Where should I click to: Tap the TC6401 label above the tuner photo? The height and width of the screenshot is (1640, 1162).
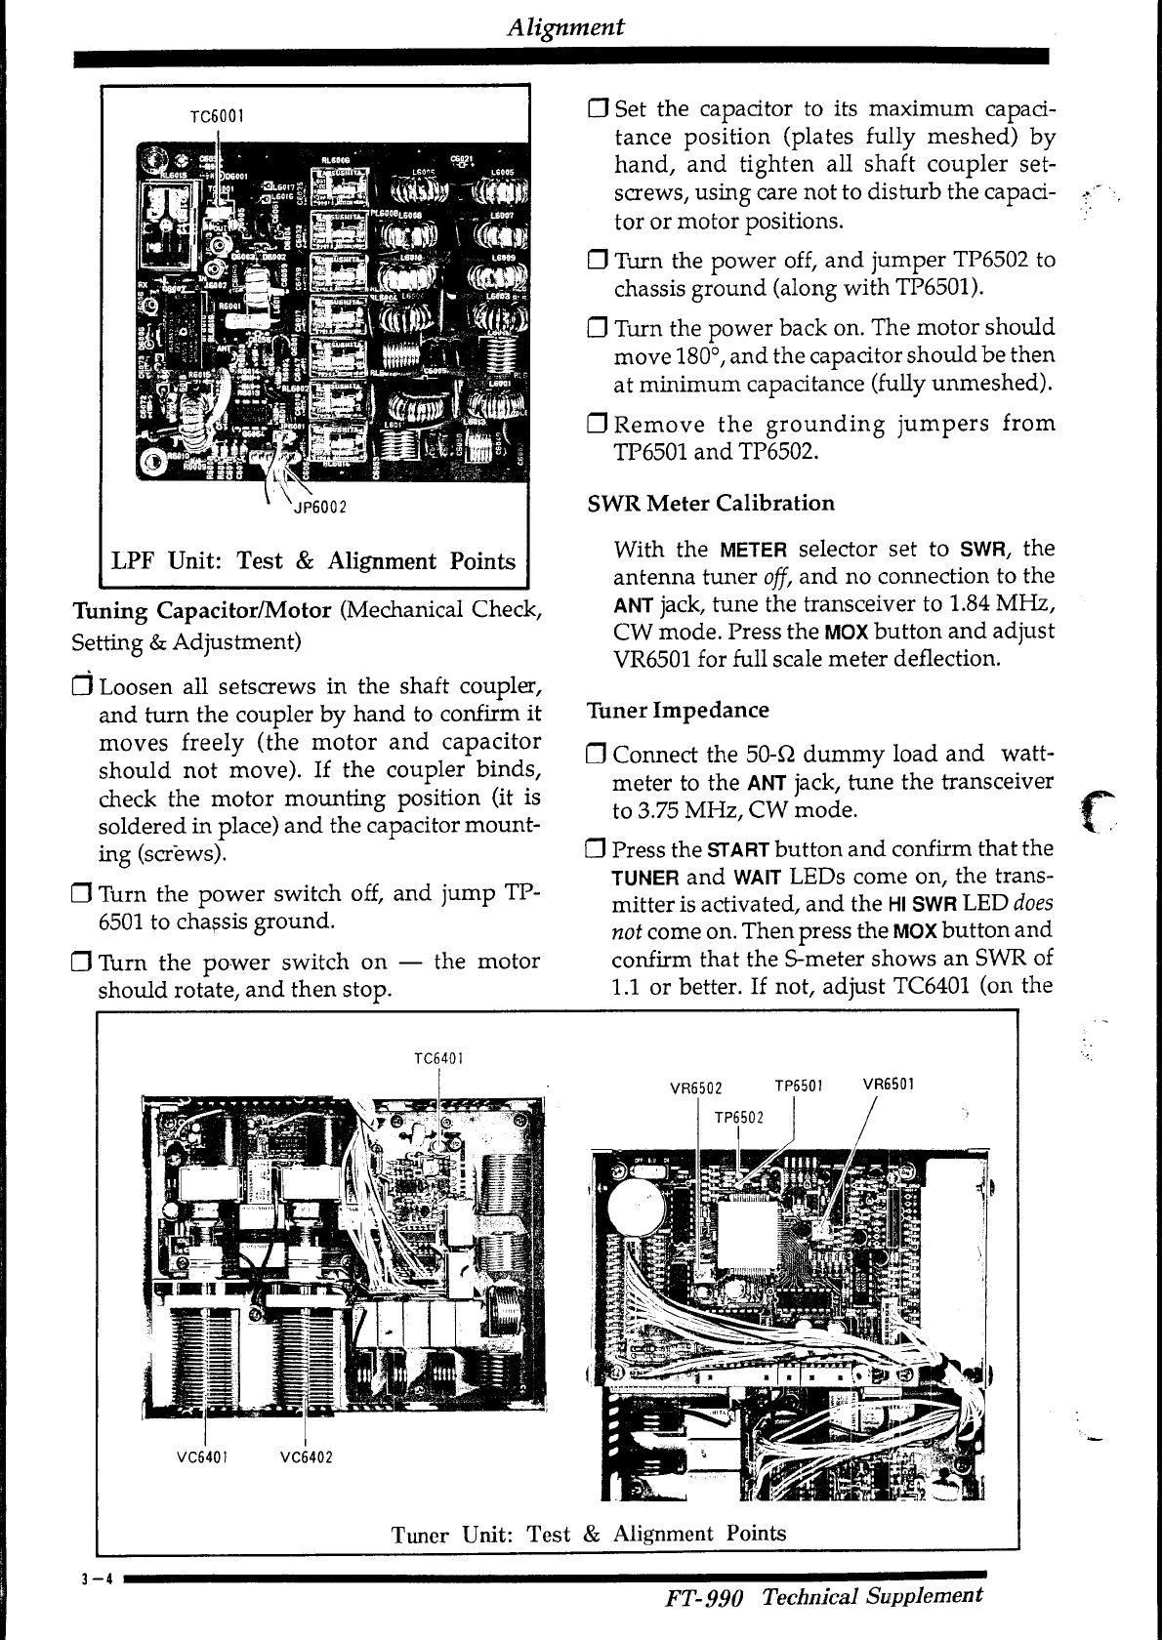pyautogui.click(x=438, y=1058)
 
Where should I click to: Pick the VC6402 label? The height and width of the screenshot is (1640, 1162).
pyautogui.click(x=306, y=1457)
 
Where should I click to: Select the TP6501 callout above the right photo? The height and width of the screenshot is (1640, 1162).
pyautogui.click(x=800, y=1085)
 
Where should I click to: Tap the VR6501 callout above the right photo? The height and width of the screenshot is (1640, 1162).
pyautogui.click(x=889, y=1083)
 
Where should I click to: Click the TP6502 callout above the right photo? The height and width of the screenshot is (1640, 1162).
pyautogui.click(x=739, y=1117)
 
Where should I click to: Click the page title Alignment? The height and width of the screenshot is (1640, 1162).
pyautogui.click(x=566, y=26)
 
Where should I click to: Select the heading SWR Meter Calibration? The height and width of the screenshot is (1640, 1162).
pyautogui.click(x=711, y=504)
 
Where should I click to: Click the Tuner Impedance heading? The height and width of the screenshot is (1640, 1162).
pyautogui.click(x=678, y=710)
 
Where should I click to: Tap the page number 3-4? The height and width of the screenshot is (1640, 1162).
pyautogui.click(x=94, y=1582)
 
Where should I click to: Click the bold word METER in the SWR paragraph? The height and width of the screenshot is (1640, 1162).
pyautogui.click(x=753, y=550)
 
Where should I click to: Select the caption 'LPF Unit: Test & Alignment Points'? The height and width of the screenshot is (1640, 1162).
pyautogui.click(x=313, y=561)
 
